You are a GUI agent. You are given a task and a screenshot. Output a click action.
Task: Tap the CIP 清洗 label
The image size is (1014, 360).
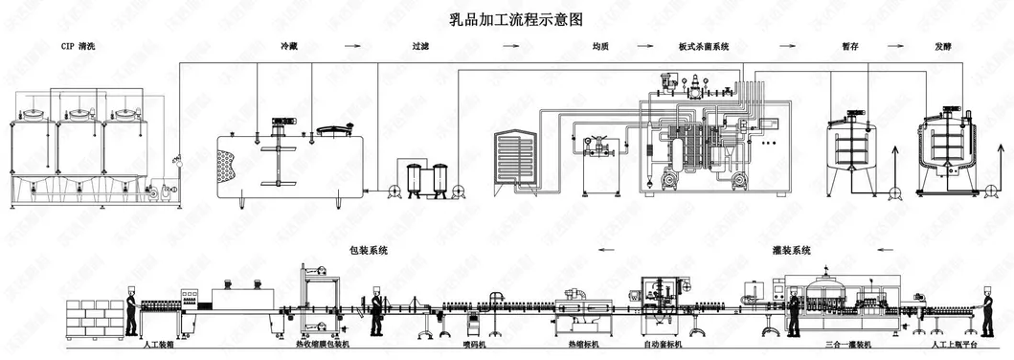point(80,45)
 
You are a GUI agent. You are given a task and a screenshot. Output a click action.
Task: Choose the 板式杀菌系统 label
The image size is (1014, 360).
point(704,45)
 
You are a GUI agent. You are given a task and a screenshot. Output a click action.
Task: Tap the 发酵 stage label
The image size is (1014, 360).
point(943,45)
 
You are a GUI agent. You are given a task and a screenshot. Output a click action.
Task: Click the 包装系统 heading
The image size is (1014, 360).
point(369,251)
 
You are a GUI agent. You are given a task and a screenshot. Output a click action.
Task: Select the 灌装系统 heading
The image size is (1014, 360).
point(792,251)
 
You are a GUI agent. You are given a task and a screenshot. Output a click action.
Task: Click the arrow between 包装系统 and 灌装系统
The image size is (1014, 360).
point(605,251)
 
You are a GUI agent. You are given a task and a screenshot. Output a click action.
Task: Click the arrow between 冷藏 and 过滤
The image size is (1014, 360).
point(352,45)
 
